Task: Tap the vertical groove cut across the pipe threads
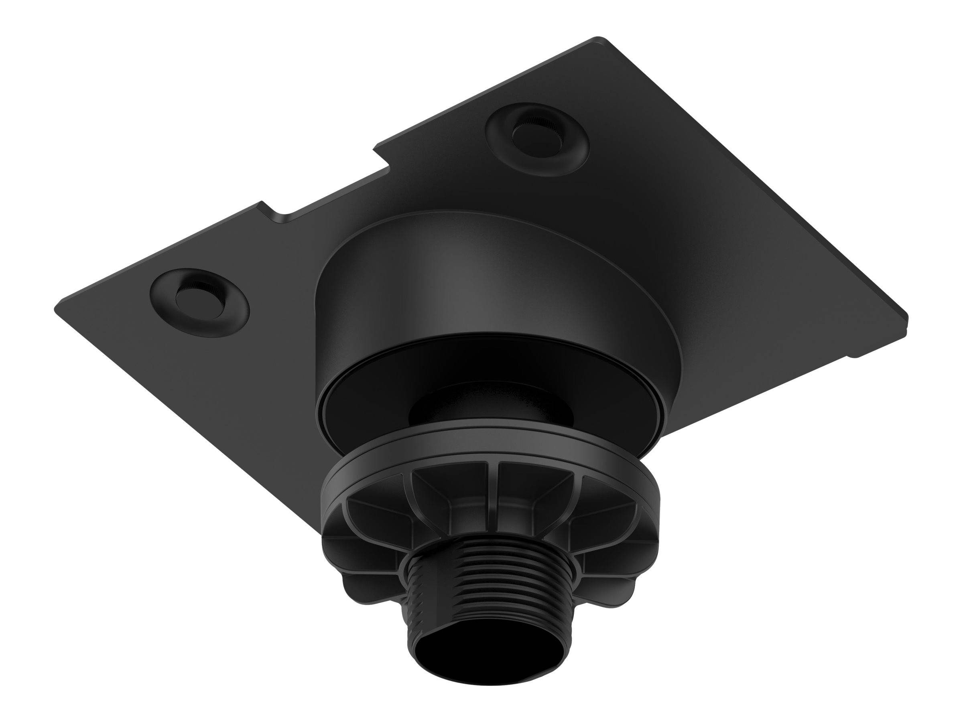pyautogui.click(x=414, y=609)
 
